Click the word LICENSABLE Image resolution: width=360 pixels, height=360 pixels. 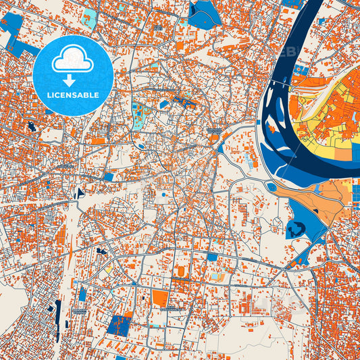click(72, 95)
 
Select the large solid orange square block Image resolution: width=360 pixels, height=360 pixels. click(159, 298)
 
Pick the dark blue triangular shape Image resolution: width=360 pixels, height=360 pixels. click(80, 192)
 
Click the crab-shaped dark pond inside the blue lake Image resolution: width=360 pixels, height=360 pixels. click(295, 230)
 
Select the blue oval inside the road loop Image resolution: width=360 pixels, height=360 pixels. click(140, 146)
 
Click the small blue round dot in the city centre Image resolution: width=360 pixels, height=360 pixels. click(163, 195)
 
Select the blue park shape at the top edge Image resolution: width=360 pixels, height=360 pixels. click(201, 14)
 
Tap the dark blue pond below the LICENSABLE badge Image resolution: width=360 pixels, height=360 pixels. click(32, 126)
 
